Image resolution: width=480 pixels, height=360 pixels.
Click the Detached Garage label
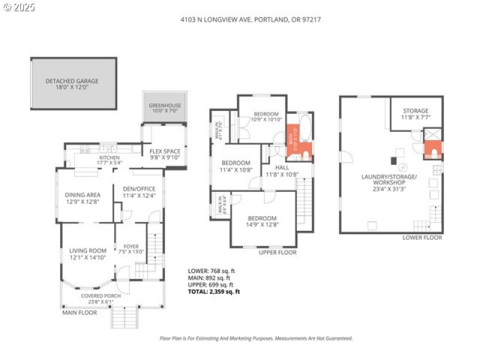pyautogui.click(x=71, y=84)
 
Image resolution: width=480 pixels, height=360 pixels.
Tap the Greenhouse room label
pyautogui.click(x=164, y=109)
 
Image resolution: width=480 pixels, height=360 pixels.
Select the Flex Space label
pyautogui.click(x=164, y=154)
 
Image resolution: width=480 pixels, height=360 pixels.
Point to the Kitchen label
pyautogui.click(x=109, y=160)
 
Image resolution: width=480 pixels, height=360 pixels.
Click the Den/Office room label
pyautogui.click(x=139, y=191)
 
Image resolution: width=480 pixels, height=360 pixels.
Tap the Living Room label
pyautogui.click(x=88, y=254)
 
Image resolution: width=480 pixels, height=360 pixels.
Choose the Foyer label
pyautogui.click(x=131, y=249)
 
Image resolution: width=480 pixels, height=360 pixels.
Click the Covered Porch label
pyautogui.click(x=101, y=299)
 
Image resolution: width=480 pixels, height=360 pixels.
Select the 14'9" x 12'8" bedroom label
pyautogui.click(x=262, y=221)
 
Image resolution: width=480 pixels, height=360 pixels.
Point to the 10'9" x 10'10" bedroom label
pyautogui.click(x=266, y=116)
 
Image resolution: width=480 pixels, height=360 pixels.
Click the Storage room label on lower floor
pyautogui.click(x=415, y=113)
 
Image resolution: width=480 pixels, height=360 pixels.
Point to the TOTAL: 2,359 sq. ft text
pyautogui.click(x=214, y=292)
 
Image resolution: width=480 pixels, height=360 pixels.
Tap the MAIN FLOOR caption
pyautogui.click(x=80, y=313)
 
